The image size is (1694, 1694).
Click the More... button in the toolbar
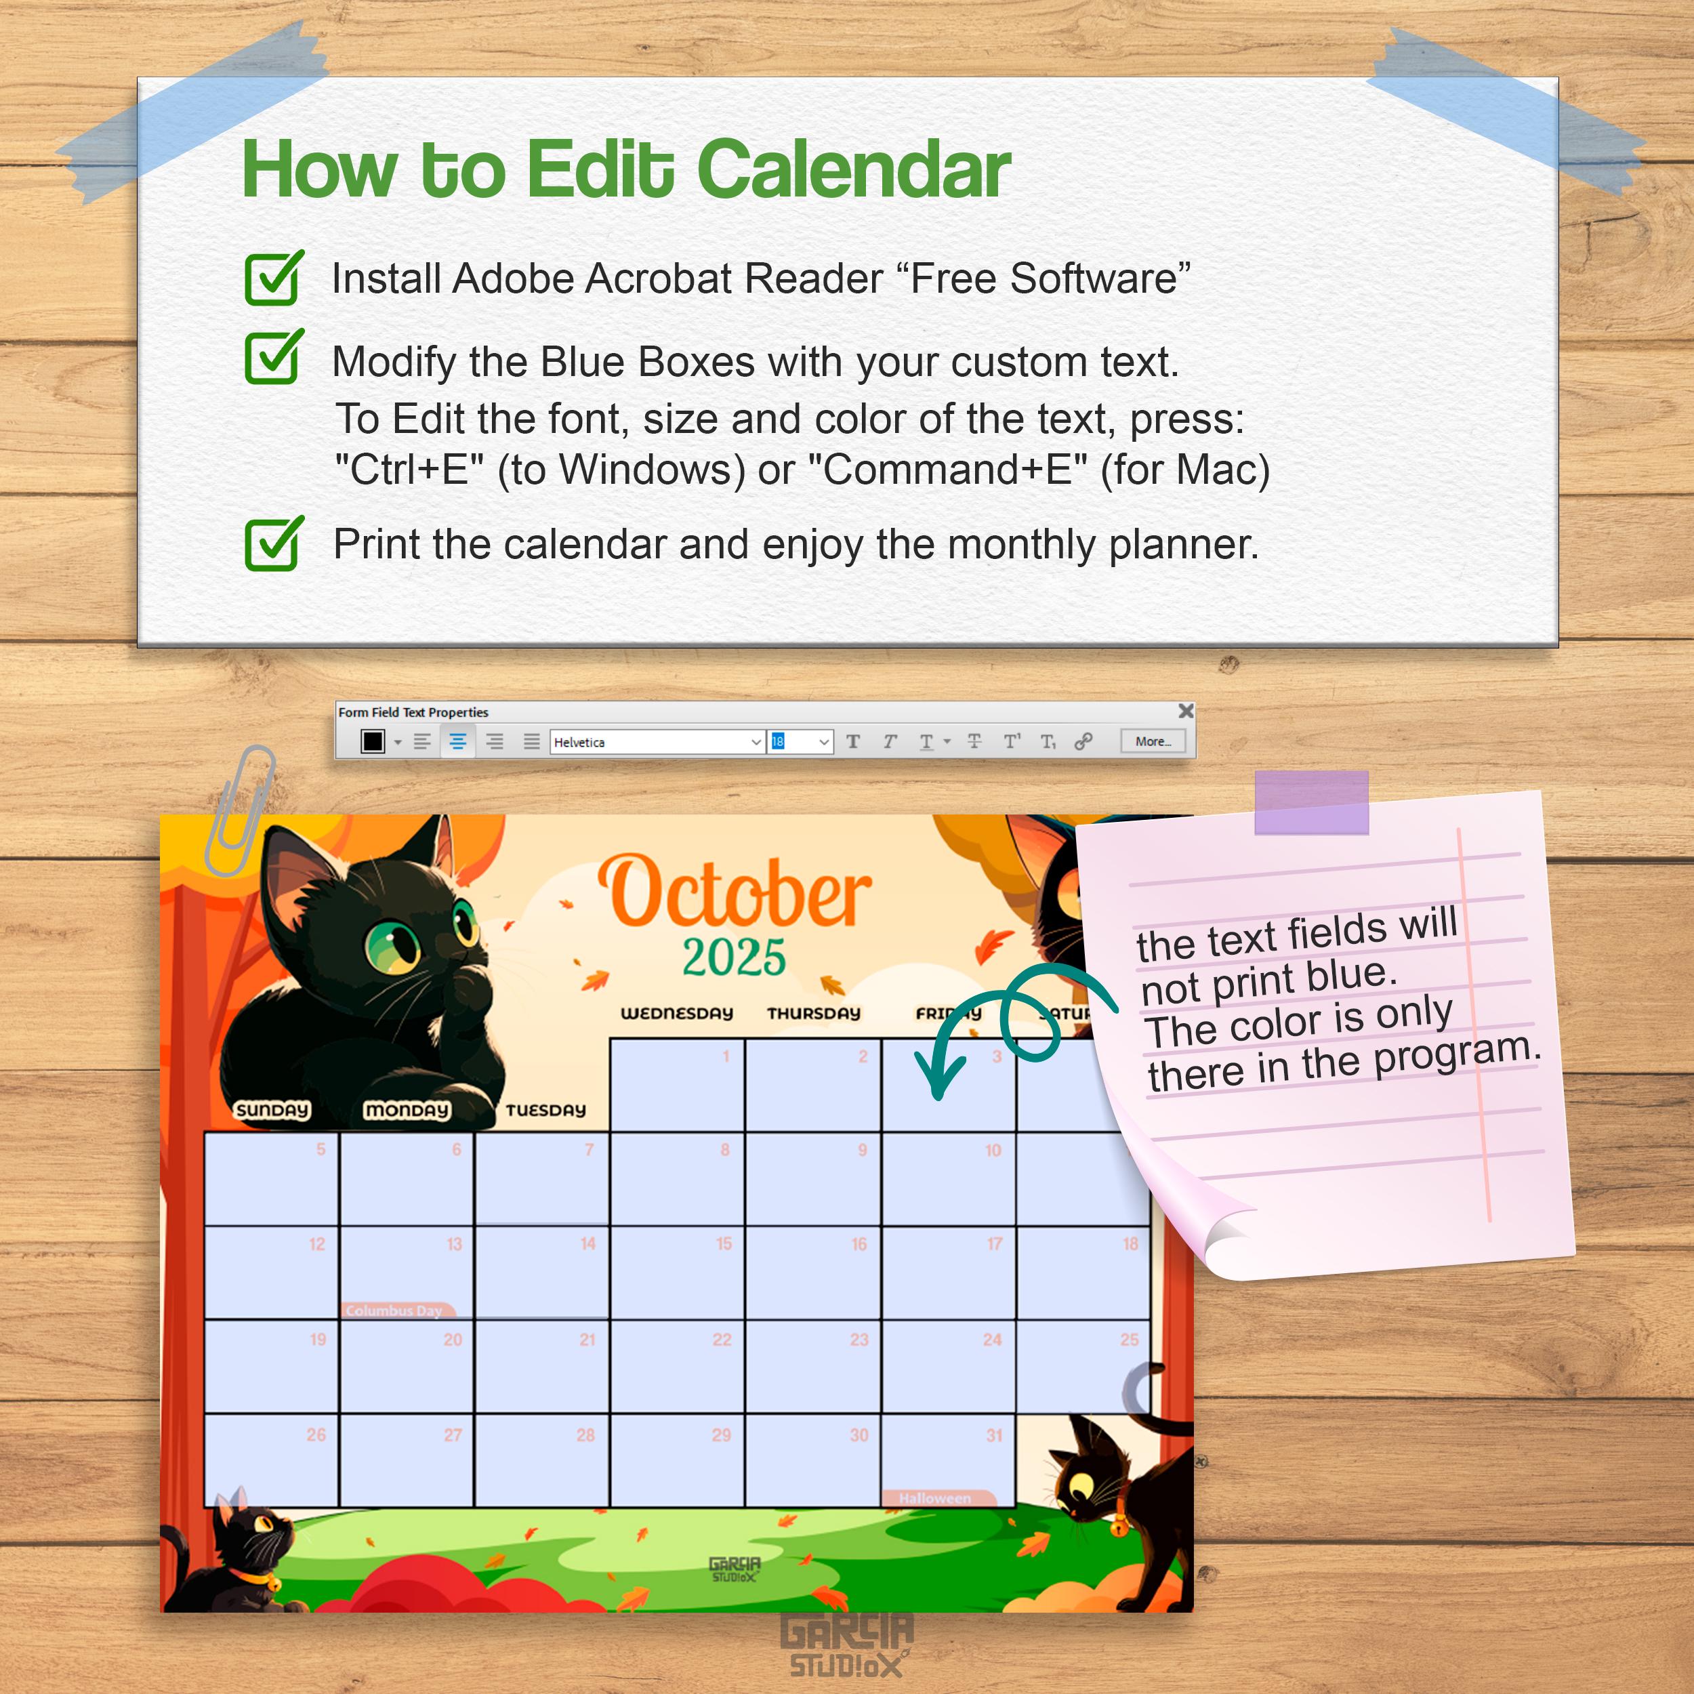1152,742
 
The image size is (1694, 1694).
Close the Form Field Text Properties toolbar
1185,711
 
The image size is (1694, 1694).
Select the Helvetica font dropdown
657,742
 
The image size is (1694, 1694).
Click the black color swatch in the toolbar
373,742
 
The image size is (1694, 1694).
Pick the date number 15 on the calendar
724,1244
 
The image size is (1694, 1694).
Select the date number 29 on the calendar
721,1435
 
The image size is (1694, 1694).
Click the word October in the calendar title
735,892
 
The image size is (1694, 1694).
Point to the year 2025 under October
734,957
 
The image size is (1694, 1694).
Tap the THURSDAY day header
814,1014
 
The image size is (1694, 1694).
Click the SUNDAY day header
272,1110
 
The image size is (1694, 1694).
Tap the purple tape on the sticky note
1311,802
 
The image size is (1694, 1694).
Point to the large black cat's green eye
392,947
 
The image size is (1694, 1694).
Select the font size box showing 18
799,742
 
